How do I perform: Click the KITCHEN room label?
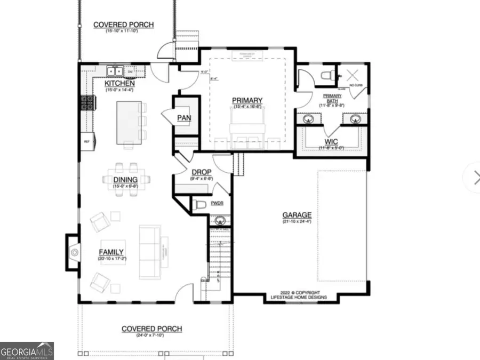(x=119, y=84)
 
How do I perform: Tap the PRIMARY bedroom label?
(x=247, y=100)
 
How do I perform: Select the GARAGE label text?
(x=297, y=215)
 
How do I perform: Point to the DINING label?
(x=125, y=180)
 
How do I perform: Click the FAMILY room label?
(x=111, y=252)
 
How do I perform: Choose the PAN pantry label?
(x=185, y=118)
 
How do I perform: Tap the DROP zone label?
(x=202, y=172)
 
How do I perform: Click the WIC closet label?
(x=331, y=142)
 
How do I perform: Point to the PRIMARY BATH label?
(x=332, y=98)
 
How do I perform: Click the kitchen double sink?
(x=115, y=70)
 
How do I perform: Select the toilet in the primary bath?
(x=326, y=76)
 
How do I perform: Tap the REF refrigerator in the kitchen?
(x=86, y=141)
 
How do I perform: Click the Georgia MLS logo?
(x=27, y=350)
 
